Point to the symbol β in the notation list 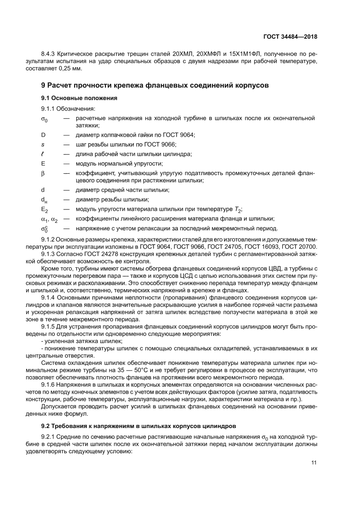(43, 173)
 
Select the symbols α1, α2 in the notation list (49, 219)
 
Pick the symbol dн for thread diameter (44, 200)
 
